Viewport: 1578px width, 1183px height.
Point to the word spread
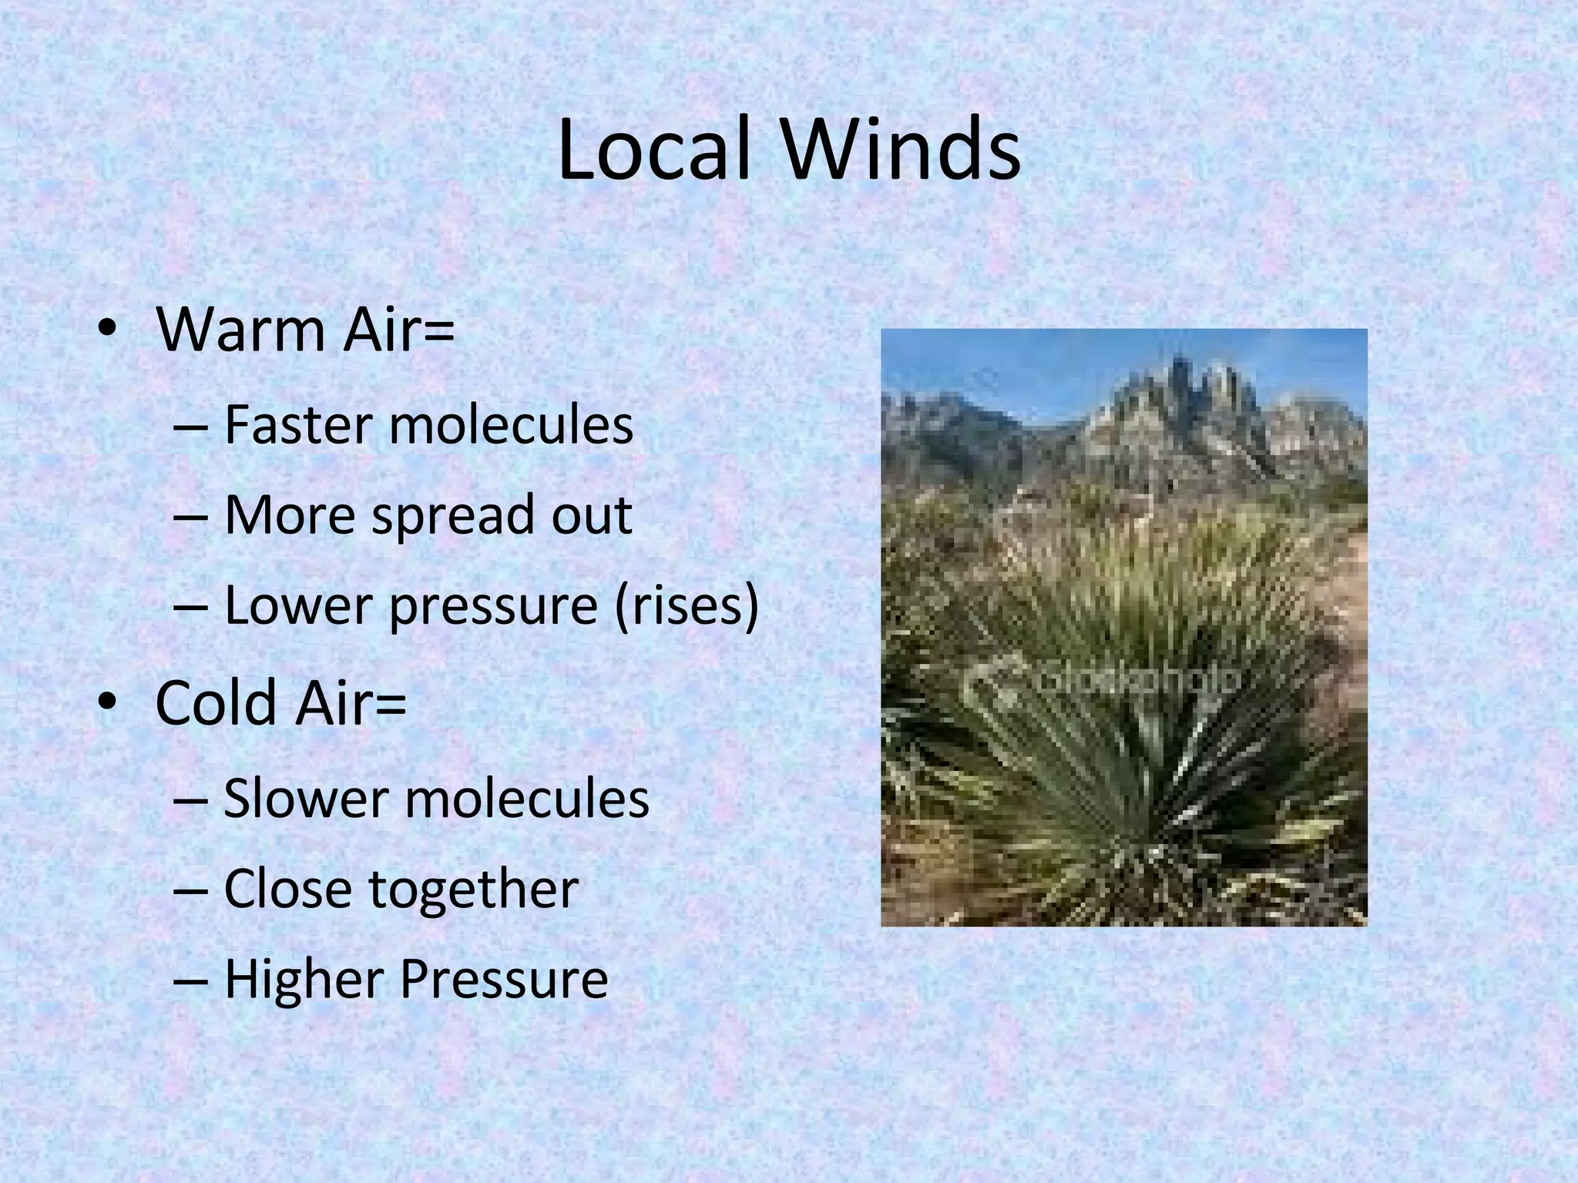452,516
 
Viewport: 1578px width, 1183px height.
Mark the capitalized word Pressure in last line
504,980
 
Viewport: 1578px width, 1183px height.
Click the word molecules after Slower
527,798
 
